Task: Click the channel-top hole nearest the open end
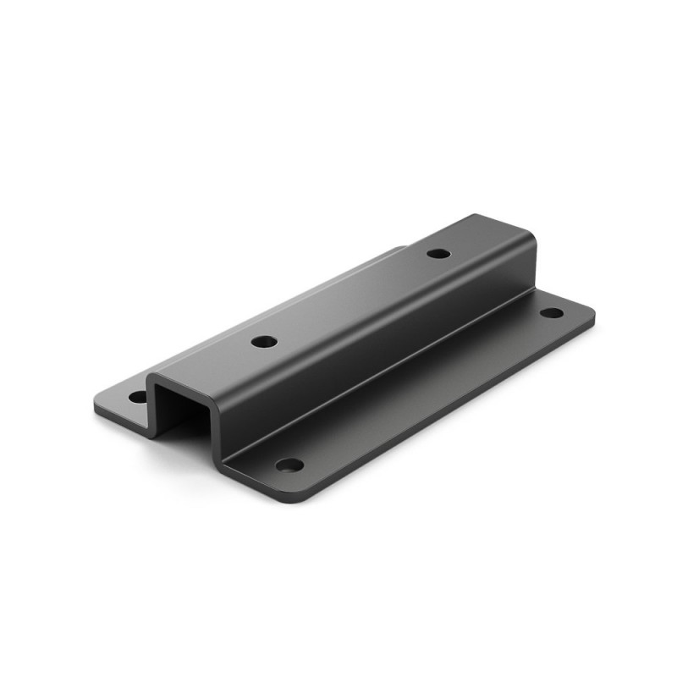[x=265, y=342]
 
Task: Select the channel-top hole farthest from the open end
[x=438, y=253]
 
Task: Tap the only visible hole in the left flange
[x=137, y=396]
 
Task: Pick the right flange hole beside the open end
[x=289, y=465]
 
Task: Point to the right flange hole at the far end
[x=551, y=312]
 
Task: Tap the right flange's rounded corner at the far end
[x=589, y=311]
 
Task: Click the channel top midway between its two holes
[x=351, y=298]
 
